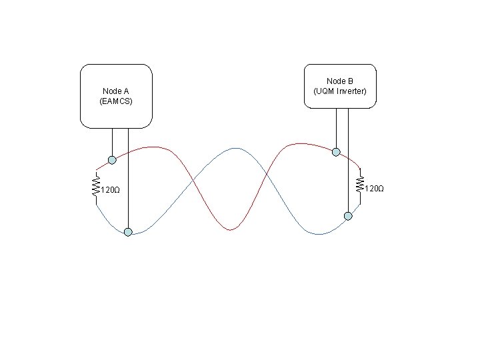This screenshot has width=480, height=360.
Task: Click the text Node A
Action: (x=116, y=91)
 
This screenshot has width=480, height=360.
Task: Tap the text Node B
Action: (x=340, y=81)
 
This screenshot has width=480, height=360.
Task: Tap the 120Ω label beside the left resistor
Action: (x=110, y=191)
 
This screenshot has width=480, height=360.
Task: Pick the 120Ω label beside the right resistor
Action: (x=375, y=189)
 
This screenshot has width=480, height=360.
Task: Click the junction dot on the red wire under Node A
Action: (x=112, y=159)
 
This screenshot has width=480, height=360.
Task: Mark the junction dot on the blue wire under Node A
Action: (x=128, y=231)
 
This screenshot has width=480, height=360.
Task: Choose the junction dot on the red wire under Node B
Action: (x=337, y=152)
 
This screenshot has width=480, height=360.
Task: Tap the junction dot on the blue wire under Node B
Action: (x=347, y=215)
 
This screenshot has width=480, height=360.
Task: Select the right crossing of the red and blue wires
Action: (x=267, y=176)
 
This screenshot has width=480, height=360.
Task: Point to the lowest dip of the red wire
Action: (x=230, y=230)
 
